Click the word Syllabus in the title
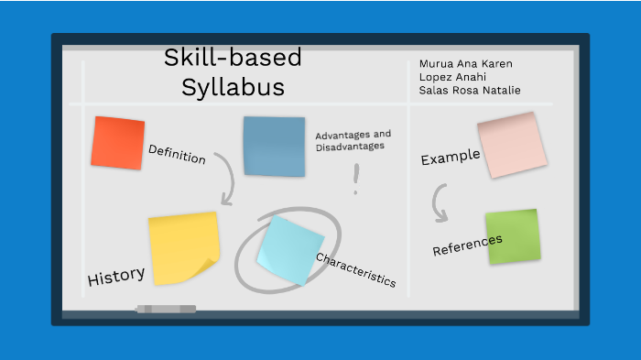(x=233, y=88)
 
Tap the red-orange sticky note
(x=118, y=143)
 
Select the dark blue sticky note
(x=274, y=146)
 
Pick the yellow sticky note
(x=183, y=248)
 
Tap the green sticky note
(x=512, y=237)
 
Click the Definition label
(x=177, y=154)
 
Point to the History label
(x=116, y=276)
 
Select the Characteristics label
(x=355, y=270)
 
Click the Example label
(x=451, y=158)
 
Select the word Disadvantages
(x=350, y=146)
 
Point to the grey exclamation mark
(x=356, y=179)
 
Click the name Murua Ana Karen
(x=465, y=64)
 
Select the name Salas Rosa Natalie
(x=470, y=90)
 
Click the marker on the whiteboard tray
(x=166, y=309)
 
